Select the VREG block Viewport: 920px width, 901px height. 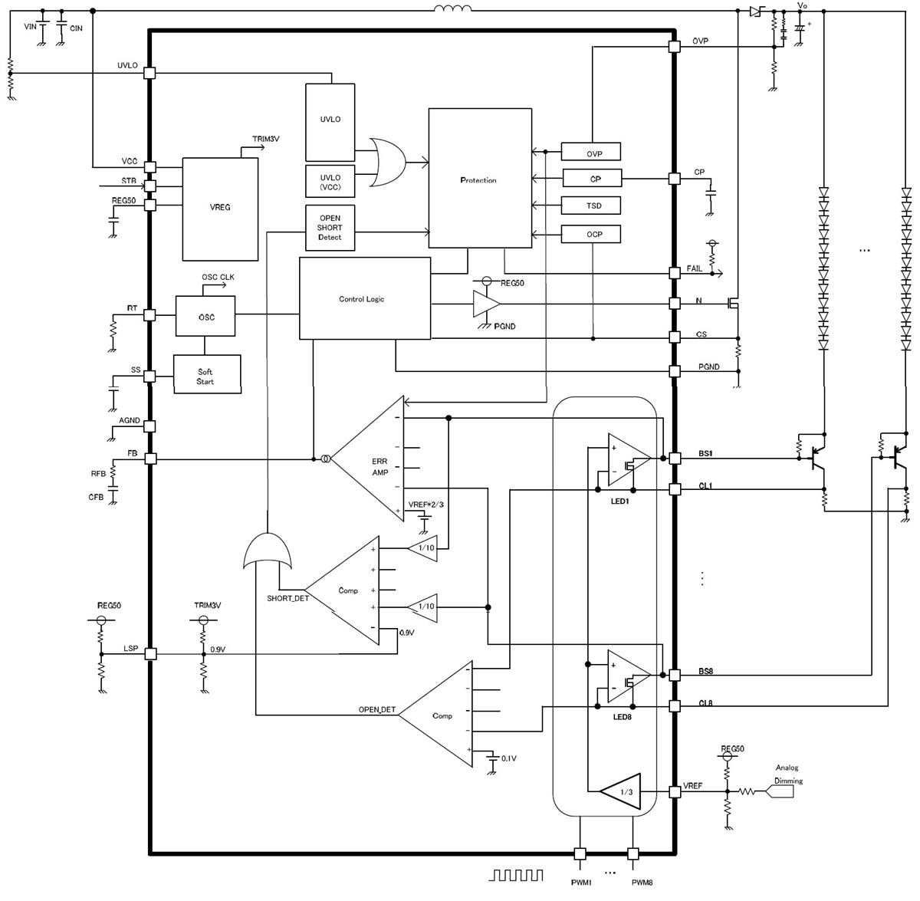coord(220,209)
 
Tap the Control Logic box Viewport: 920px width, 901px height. coord(364,298)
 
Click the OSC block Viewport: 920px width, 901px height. coord(205,317)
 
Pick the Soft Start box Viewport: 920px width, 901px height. coord(207,376)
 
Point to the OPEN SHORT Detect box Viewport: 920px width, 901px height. coord(330,228)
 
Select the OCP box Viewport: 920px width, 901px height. coord(591,234)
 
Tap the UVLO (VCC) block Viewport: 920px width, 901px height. coord(330,183)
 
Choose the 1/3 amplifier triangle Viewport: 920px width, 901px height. coord(623,791)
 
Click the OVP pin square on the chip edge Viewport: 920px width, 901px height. coord(675,47)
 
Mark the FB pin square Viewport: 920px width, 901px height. coord(150,459)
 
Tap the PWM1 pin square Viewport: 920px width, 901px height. coord(580,853)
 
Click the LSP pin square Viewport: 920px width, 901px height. coord(150,653)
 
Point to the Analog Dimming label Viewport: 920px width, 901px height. coord(788,774)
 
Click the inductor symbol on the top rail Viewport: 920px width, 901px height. coord(453,9)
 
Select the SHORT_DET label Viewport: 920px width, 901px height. coord(287,598)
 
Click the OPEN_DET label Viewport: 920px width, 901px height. coord(377,710)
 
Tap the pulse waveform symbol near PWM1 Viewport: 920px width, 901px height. coord(517,875)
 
